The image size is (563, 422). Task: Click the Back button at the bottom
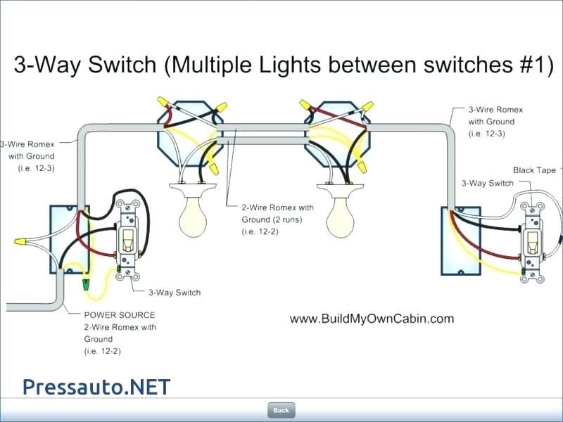pyautogui.click(x=281, y=410)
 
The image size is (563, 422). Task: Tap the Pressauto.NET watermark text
pyautogui.click(x=96, y=386)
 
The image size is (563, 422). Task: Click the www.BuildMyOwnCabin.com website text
pyautogui.click(x=372, y=319)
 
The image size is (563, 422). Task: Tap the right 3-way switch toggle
pyautogui.click(x=531, y=243)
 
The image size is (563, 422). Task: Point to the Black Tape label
pyautogui.click(x=534, y=170)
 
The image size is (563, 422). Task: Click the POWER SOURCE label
pyautogui.click(x=120, y=315)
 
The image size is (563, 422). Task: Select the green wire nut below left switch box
pyautogui.click(x=86, y=285)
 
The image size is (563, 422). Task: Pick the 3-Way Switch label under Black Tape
pyautogui.click(x=487, y=183)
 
